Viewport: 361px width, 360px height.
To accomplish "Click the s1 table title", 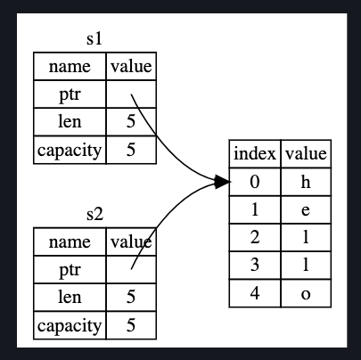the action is click(x=94, y=39).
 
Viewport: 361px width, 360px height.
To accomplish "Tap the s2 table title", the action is click(x=94, y=214).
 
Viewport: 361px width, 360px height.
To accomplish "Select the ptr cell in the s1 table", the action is click(x=70, y=94).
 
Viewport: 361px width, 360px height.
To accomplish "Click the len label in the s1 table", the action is click(x=70, y=122).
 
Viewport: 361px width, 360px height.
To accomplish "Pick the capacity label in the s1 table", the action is click(x=70, y=151).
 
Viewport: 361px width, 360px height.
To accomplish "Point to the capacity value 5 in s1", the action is click(x=131, y=150).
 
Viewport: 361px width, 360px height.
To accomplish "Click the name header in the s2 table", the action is click(x=70, y=241).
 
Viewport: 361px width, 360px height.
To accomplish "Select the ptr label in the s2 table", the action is click(x=70, y=270).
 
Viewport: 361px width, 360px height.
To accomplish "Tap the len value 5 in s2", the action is click(x=131, y=297).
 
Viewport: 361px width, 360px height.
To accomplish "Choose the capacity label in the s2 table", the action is click(x=70, y=326).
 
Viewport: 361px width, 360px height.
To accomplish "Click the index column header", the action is click(x=255, y=153).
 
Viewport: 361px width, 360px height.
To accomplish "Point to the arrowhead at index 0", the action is click(x=222, y=182).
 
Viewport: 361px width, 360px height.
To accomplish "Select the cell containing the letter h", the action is click(x=306, y=182).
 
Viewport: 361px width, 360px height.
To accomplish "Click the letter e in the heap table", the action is click(x=306, y=210).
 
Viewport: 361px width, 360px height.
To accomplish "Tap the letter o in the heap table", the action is click(x=306, y=294).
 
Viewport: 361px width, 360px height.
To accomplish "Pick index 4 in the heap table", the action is click(x=255, y=293).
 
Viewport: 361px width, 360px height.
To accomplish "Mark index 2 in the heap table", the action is click(x=255, y=237).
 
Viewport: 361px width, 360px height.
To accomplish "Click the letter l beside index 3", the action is click(x=306, y=265).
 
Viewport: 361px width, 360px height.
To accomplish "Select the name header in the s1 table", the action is click(x=70, y=67).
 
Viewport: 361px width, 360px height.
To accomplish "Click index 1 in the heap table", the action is click(x=255, y=209).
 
